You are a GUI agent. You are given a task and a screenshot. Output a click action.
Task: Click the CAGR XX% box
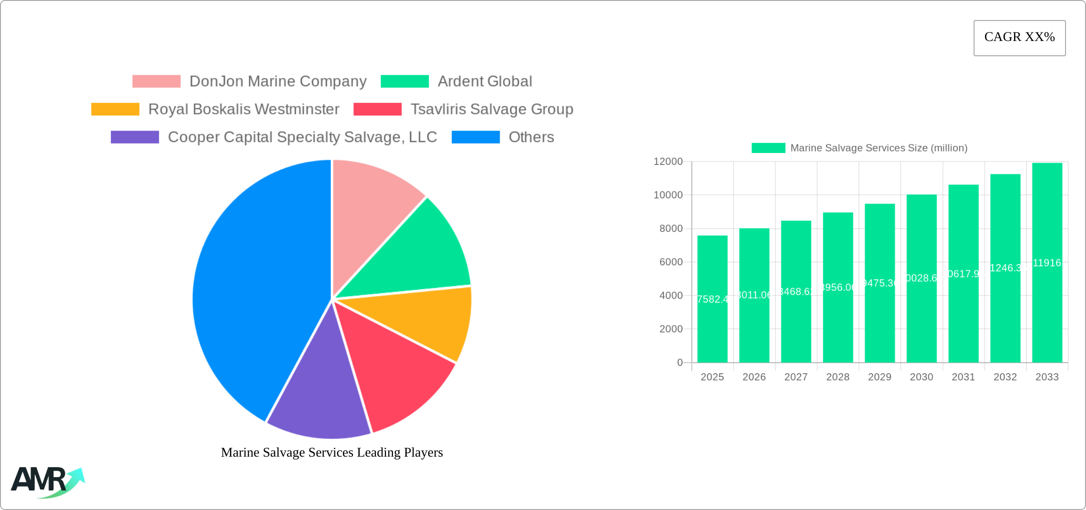(x=1019, y=38)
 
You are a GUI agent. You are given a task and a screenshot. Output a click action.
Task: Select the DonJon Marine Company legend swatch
(x=156, y=82)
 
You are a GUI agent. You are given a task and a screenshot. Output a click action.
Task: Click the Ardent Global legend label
(x=484, y=82)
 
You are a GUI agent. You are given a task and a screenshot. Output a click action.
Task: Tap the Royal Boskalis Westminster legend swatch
(x=115, y=109)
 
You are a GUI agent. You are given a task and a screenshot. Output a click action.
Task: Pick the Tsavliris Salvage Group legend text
(x=492, y=109)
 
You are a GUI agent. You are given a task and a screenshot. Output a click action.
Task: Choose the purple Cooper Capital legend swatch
(x=135, y=137)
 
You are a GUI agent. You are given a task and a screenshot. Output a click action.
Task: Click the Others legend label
(x=531, y=137)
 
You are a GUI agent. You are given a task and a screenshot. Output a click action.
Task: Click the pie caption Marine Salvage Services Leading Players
(x=332, y=452)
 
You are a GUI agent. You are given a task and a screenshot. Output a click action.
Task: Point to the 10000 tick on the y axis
(x=668, y=195)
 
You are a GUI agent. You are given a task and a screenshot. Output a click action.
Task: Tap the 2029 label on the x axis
(x=879, y=377)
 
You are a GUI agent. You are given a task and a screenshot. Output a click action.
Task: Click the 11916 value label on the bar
(x=1047, y=263)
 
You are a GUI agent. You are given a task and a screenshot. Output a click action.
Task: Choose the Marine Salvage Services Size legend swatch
(x=768, y=148)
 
